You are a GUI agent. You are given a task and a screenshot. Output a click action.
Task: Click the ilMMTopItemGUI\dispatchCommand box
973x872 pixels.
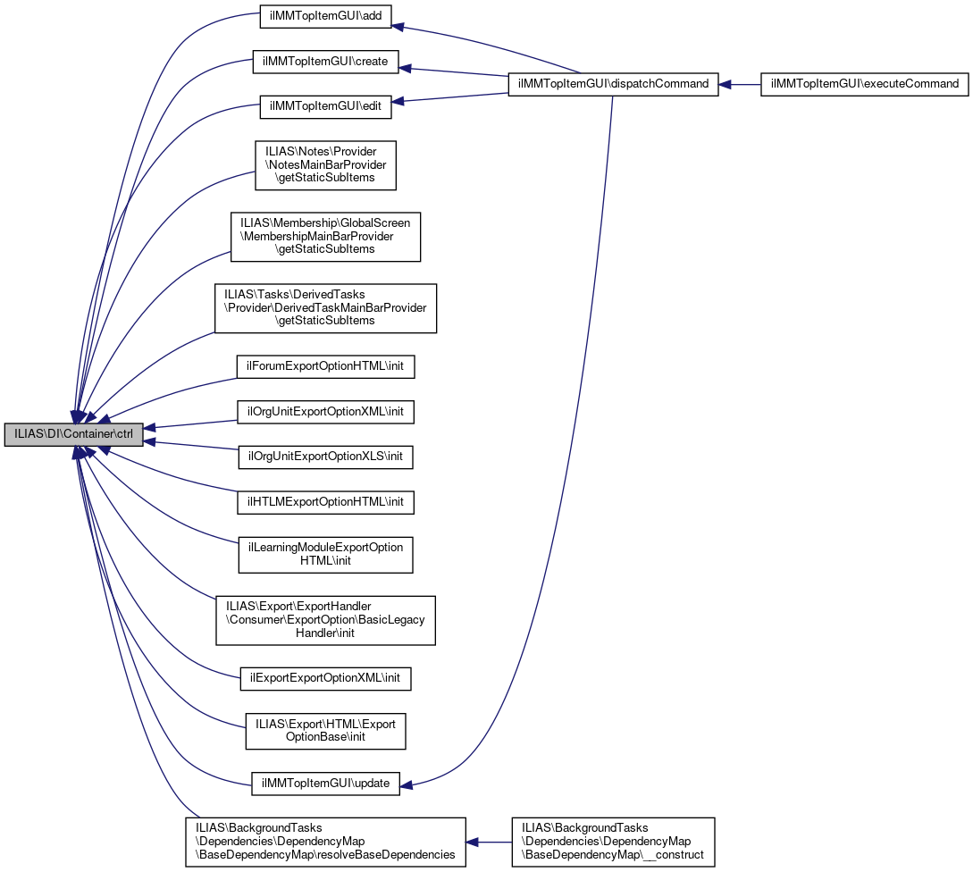[613, 84]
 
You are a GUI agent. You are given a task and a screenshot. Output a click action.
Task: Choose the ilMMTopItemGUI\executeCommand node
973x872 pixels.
[864, 84]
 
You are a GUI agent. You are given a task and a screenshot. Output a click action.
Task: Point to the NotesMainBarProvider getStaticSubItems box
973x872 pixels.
[325, 165]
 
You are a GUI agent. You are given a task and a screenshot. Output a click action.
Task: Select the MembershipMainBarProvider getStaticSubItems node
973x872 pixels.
[325, 236]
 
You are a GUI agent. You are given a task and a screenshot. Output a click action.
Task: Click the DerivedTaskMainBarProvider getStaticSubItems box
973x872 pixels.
[325, 308]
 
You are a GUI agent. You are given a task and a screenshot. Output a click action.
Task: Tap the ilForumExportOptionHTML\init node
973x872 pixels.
[325, 366]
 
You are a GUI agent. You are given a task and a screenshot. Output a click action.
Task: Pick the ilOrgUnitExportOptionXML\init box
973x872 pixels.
[325, 412]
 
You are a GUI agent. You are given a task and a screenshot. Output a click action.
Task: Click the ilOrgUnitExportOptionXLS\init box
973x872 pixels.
[325, 457]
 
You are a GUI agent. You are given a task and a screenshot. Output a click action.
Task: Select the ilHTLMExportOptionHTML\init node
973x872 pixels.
[325, 502]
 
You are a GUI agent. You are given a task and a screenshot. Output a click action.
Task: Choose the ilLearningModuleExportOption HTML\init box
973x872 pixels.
[325, 554]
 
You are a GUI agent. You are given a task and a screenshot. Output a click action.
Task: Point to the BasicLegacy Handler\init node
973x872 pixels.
[325, 620]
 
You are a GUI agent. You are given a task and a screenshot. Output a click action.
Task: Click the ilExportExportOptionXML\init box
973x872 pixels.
[325, 679]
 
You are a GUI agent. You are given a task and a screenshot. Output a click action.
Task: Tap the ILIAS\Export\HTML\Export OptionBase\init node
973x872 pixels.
[325, 730]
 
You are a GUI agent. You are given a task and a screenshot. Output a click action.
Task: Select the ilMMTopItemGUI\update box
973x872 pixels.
[325, 784]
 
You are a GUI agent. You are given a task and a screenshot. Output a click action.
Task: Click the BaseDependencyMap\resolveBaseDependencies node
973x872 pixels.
[325, 842]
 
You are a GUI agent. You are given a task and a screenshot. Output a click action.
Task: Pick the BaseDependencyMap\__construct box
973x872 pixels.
[613, 842]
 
